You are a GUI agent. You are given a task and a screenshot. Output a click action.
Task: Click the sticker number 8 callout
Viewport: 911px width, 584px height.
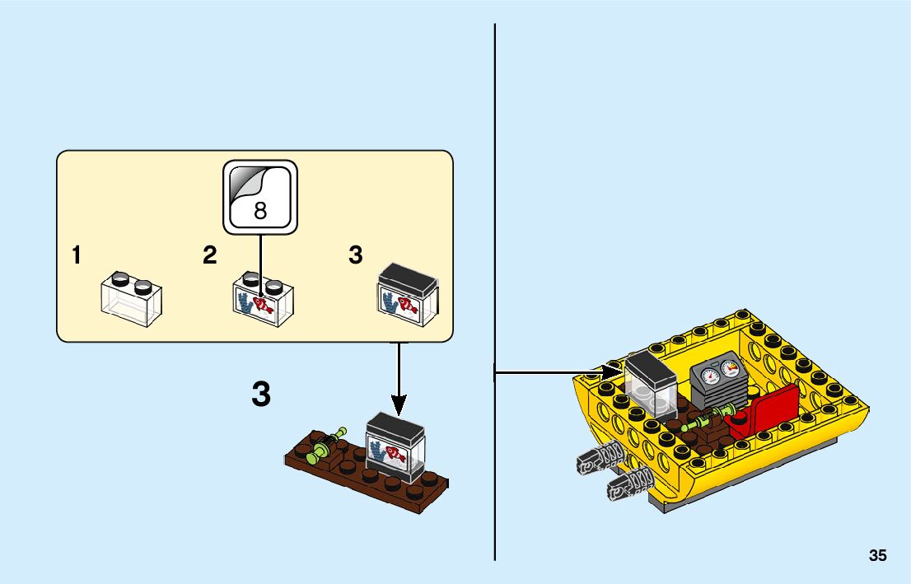point(259,196)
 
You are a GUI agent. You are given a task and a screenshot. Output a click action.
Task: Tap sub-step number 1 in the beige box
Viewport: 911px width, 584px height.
point(77,256)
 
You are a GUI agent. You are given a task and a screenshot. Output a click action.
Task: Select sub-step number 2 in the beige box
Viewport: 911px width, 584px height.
point(210,256)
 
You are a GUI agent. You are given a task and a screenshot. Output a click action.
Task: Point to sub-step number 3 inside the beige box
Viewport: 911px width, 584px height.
point(355,256)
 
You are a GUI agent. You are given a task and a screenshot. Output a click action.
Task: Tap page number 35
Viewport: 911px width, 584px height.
point(877,556)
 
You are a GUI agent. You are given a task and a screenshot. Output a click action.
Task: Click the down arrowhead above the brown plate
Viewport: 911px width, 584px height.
point(399,404)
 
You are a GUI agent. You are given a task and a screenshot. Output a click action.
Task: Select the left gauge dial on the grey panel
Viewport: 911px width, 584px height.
point(711,378)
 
